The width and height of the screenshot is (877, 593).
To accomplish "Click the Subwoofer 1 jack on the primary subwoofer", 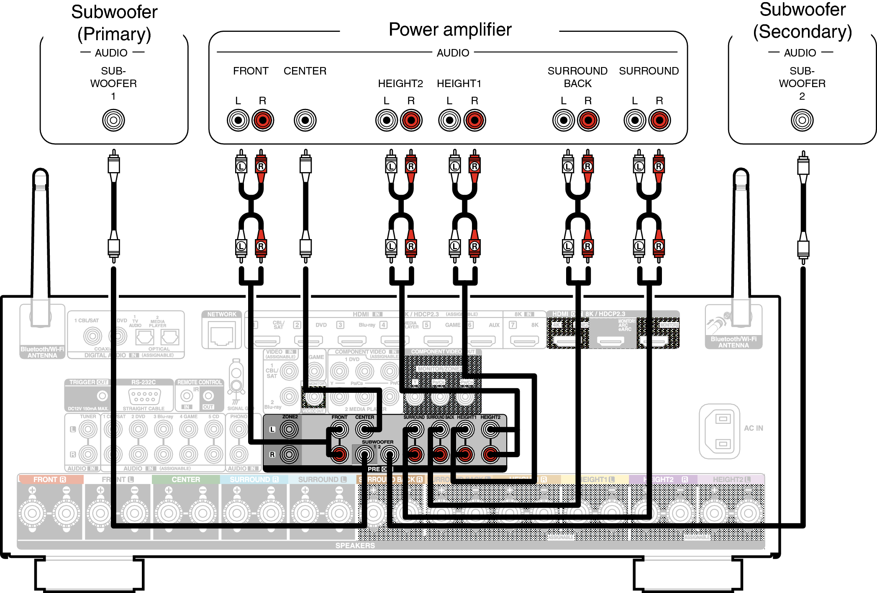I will coord(113,120).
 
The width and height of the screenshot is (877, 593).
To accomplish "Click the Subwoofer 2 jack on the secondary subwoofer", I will coord(802,120).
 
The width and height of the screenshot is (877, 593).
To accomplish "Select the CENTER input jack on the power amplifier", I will coord(305,120).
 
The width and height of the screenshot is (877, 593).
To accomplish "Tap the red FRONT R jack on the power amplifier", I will coord(263,120).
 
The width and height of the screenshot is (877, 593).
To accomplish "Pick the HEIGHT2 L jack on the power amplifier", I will coord(386,120).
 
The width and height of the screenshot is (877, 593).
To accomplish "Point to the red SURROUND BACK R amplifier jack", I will coord(588,120).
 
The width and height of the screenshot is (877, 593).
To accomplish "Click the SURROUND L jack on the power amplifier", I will coord(635,120).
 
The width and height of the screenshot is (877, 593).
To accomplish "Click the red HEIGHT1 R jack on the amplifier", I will coord(474,120).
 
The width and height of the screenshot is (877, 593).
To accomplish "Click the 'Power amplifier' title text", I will coord(450,29).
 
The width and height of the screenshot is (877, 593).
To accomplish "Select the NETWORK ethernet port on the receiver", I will coord(222,335).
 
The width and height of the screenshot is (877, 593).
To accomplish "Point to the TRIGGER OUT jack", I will coord(102,395).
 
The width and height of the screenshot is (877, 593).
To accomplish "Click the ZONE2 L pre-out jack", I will coord(289,429).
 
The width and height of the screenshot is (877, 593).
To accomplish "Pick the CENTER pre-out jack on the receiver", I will coord(364,429).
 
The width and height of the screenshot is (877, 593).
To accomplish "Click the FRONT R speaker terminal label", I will coord(49,480).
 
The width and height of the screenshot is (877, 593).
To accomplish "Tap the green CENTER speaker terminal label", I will coord(186,480).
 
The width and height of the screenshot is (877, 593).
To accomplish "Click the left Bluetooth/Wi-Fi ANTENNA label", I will coord(42,352).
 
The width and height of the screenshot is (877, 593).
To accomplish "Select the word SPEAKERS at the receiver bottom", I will coord(355,545).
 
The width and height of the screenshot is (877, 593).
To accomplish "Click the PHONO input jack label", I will coord(238,417).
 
